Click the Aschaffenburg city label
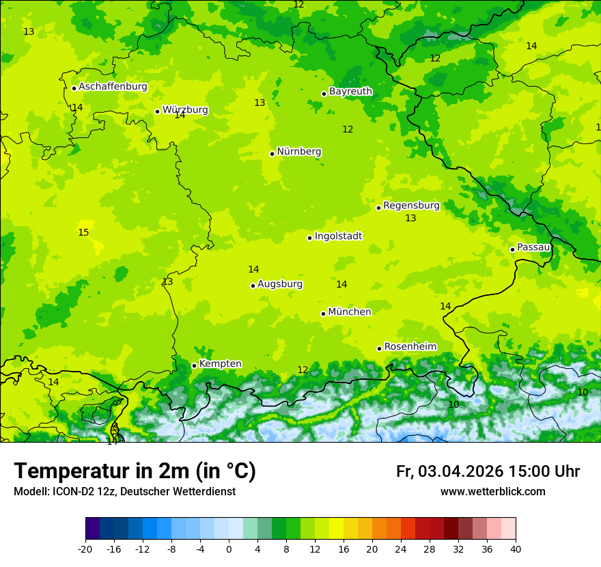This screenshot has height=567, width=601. [113, 87]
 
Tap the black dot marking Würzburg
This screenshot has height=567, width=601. [157, 111]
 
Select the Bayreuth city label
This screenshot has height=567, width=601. [350, 91]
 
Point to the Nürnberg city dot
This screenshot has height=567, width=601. [272, 154]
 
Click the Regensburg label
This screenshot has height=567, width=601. [411, 205]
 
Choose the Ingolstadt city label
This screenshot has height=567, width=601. [338, 236]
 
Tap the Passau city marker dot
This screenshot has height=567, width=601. [512, 249]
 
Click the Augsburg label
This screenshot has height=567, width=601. [280, 283]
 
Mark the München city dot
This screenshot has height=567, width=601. [323, 314]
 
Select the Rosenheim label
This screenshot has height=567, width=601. [410, 346]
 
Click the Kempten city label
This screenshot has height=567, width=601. [220, 363]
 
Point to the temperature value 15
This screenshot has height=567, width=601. [83, 232]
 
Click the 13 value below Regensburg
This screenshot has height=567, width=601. [410, 218]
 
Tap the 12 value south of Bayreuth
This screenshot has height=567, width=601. [348, 129]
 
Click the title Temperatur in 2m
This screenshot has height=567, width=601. [135, 471]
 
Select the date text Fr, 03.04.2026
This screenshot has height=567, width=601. [450, 471]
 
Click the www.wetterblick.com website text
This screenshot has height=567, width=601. [492, 491]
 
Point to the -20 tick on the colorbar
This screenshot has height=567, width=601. [85, 549]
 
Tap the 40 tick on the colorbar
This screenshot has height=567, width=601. [515, 549]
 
